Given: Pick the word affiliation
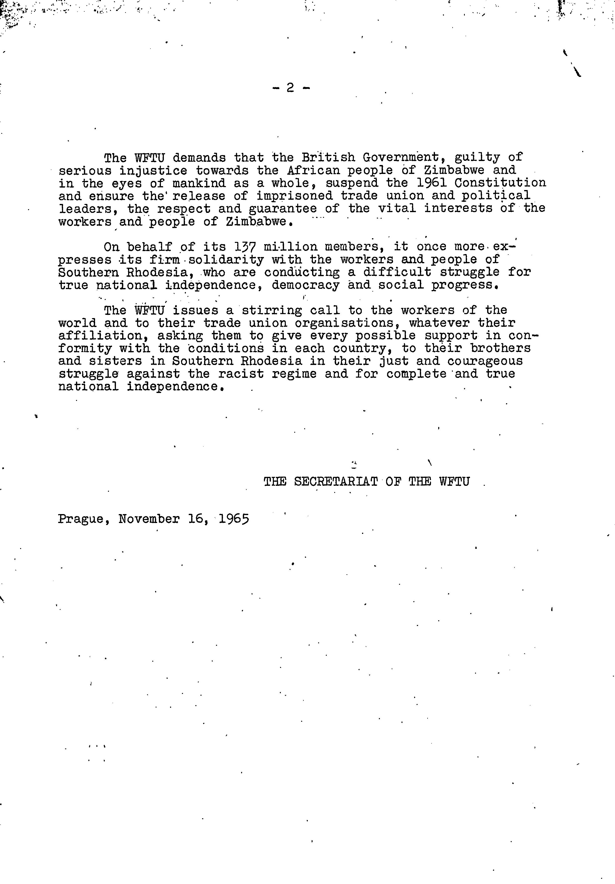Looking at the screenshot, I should (x=104, y=336).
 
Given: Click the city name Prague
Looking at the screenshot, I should (x=80, y=519).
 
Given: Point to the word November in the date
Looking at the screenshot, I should (x=149, y=519).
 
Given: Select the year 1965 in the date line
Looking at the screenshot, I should (x=234, y=519).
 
